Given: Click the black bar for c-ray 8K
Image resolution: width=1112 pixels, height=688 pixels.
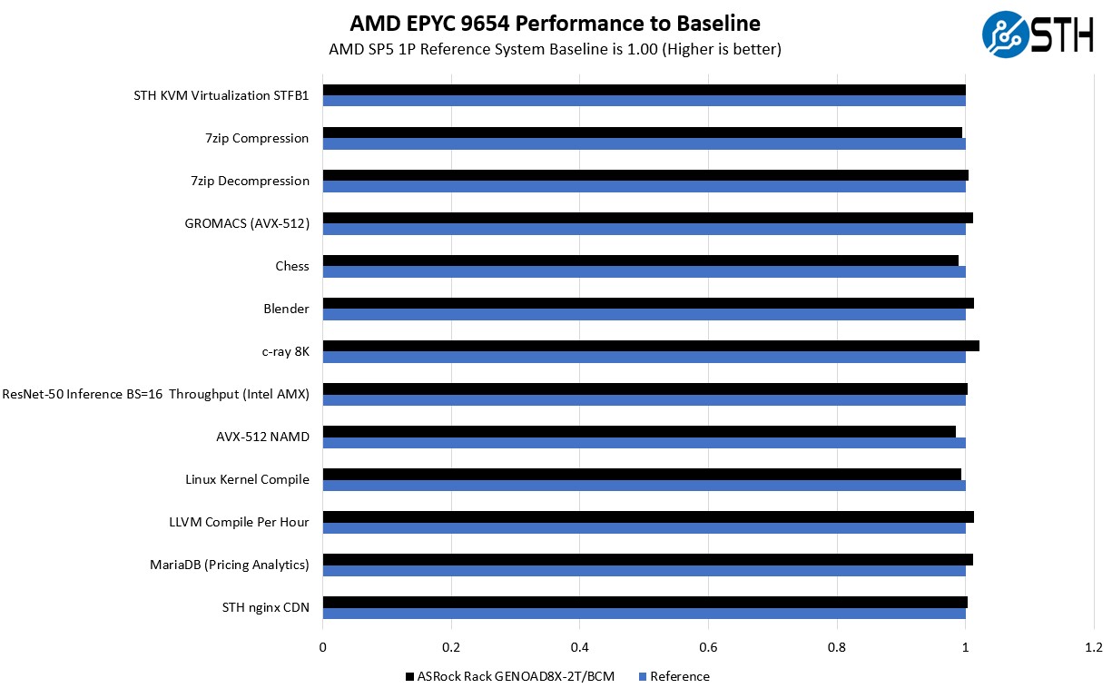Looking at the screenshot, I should (650, 346).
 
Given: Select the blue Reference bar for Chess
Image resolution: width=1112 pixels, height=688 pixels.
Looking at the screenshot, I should (644, 271).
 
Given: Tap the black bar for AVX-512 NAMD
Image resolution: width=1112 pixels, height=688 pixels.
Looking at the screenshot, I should (639, 431).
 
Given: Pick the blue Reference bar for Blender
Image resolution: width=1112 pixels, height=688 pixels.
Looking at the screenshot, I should (644, 314).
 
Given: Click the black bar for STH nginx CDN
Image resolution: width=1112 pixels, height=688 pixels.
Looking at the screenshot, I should (645, 602).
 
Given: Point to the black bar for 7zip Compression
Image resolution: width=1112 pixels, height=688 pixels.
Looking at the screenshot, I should (642, 133).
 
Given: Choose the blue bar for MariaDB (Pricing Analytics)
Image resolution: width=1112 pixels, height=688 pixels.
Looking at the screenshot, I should (644, 571).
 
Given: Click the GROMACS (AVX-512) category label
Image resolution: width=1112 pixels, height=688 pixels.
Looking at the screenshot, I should (247, 223).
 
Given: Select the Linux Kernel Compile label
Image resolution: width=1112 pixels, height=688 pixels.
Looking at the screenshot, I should (247, 479).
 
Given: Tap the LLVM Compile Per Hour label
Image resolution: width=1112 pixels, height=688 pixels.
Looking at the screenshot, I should (239, 522).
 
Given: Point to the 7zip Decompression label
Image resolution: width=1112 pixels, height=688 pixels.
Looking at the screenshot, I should (250, 181).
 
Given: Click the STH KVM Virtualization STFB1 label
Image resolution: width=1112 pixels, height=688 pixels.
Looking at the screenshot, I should (221, 95).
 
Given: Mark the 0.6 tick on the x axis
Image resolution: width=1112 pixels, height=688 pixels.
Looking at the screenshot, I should (708, 647).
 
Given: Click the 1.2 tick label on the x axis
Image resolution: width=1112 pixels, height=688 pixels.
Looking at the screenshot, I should (1094, 647).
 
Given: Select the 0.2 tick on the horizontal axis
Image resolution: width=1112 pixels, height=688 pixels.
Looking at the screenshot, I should (451, 647).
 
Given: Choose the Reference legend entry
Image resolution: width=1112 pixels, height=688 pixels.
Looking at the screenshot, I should (674, 676).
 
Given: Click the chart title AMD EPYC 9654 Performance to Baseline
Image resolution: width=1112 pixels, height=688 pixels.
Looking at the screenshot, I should (555, 23).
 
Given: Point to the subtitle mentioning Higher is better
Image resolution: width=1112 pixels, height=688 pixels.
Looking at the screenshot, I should (555, 49).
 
